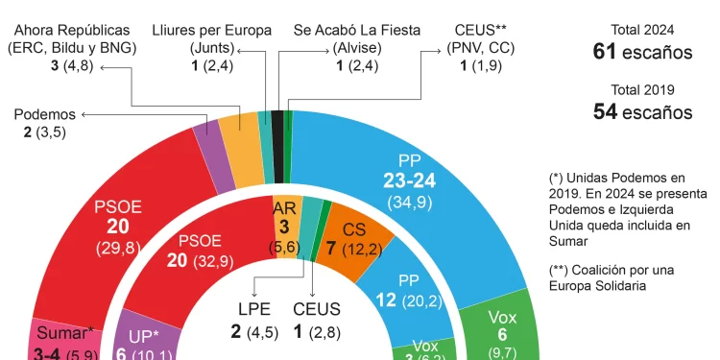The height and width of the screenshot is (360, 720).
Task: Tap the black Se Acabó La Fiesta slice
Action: (x=277, y=145)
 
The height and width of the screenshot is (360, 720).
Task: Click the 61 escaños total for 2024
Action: (x=642, y=52)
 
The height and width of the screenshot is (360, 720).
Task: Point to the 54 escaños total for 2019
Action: (x=642, y=111)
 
